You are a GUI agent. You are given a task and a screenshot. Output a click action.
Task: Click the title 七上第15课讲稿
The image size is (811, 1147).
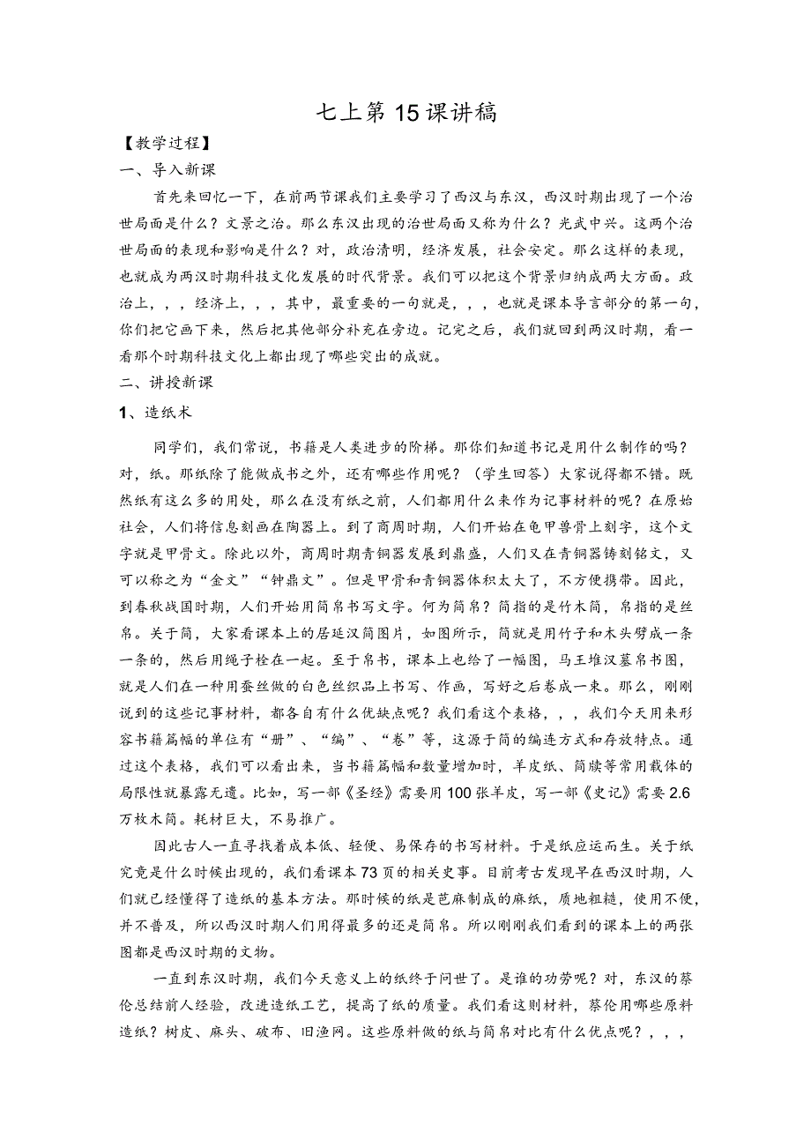click(x=405, y=113)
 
